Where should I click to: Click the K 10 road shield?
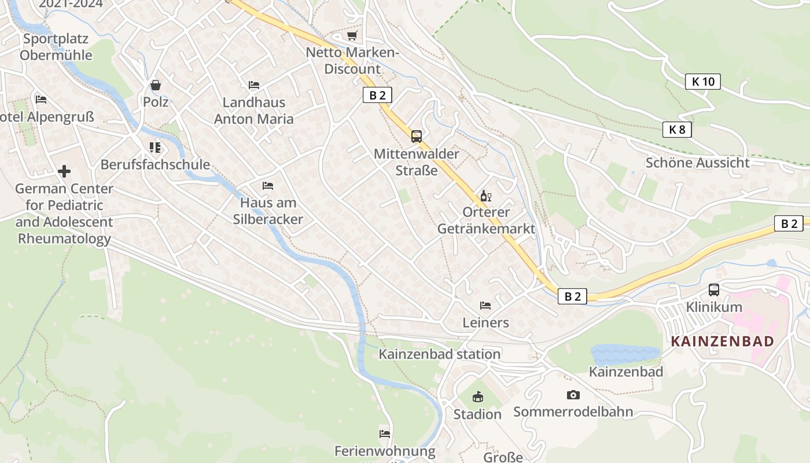coord(703,82)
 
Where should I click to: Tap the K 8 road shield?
coord(677,130)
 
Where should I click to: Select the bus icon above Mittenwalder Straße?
coord(417,137)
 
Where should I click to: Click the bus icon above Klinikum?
coord(714,290)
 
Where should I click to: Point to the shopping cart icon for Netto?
coord(352,36)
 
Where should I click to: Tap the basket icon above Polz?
coord(156,86)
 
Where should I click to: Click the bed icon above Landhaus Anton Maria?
coord(254,85)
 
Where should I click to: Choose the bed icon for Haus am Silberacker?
coord(268,186)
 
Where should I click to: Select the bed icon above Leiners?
coord(485,306)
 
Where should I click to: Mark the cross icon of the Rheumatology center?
coord(64,171)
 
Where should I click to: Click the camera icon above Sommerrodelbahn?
coord(573,395)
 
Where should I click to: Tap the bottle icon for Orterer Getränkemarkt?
coord(485,196)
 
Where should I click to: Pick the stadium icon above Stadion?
coord(477,397)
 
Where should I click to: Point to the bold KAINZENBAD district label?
coord(722,341)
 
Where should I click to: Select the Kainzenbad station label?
coord(439,354)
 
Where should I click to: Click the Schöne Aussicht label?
coord(697,163)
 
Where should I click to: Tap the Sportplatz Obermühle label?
coord(56,47)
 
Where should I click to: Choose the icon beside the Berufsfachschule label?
coord(154,148)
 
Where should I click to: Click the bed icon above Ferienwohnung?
coord(385,433)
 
